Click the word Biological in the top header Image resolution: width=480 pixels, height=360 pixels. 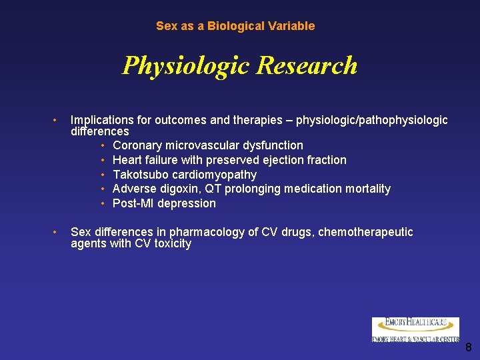[x=233, y=26]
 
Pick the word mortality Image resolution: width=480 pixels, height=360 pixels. [x=366, y=189]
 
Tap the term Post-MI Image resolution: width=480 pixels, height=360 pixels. [x=131, y=203]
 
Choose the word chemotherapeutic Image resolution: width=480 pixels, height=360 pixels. [x=365, y=232]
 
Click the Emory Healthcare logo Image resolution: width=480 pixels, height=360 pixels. [x=415, y=329]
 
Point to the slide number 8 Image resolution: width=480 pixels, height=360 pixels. [x=468, y=347]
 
